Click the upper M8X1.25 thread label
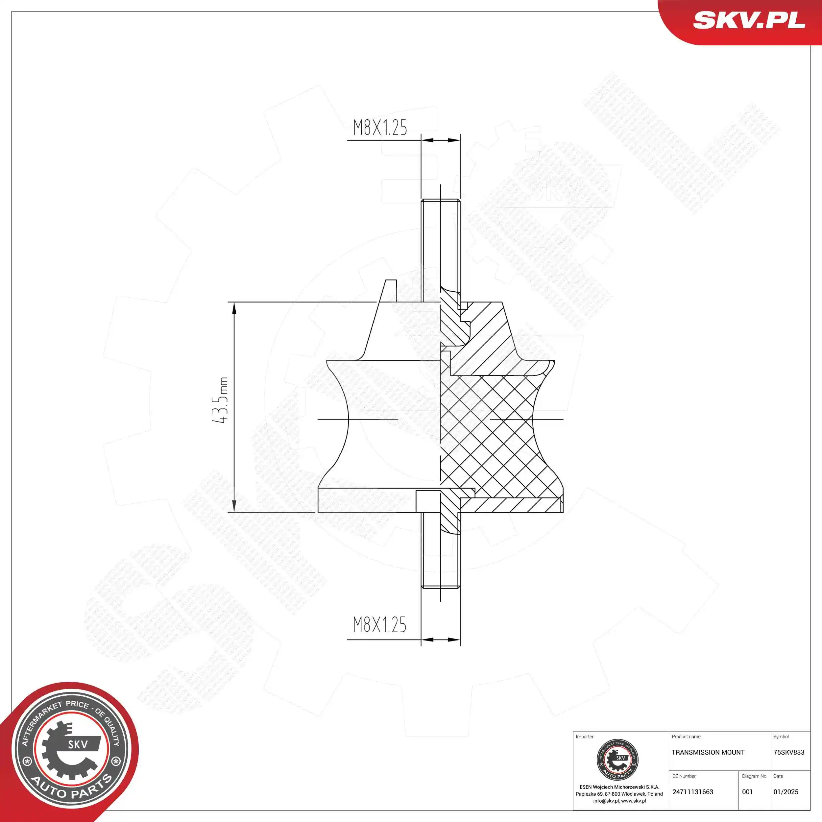380,128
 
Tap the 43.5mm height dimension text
220,400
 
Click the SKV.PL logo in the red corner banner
749,20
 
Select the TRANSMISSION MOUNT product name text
708,752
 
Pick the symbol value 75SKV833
789,752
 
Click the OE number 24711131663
693,792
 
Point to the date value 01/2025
786,792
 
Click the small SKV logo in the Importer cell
617,760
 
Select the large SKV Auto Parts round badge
70,752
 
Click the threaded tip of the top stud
440,204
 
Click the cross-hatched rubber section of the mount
489,434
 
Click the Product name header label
686,737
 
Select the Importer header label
584,737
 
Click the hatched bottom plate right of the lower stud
511,505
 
